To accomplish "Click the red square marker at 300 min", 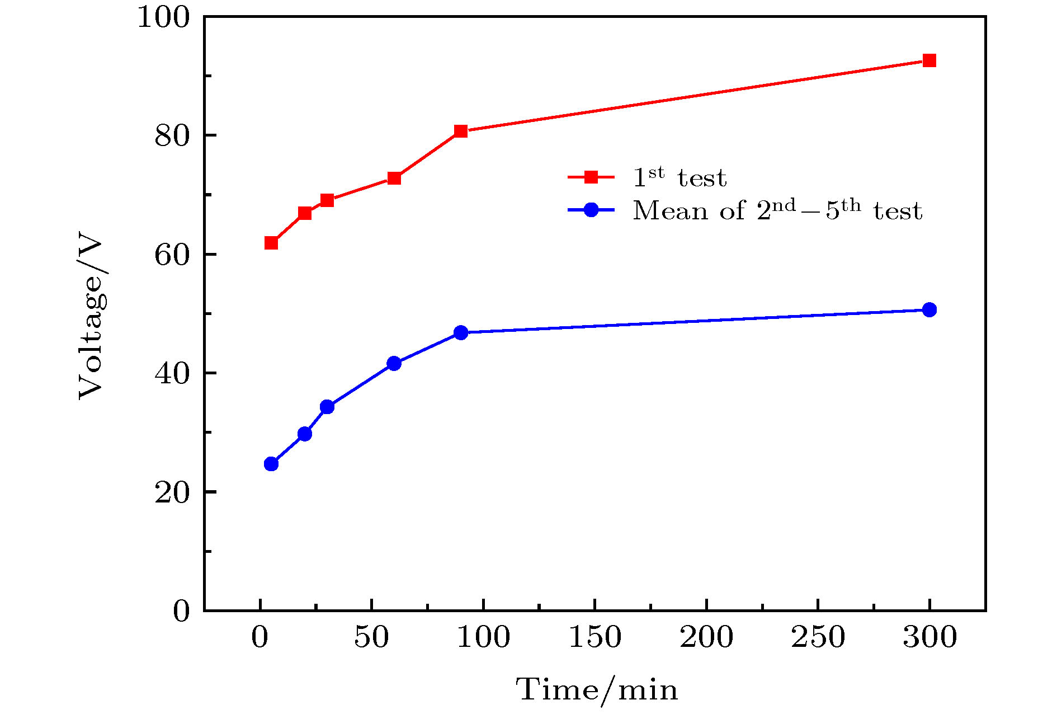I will tap(929, 60).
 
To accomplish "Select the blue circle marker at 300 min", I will tap(929, 309).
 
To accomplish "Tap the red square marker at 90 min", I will tap(461, 131).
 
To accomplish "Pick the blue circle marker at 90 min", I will tap(461, 332).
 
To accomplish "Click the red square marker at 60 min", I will tap(394, 178).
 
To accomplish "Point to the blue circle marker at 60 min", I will tap(394, 363).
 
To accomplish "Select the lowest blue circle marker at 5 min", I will tap(271, 464).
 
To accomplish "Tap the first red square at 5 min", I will tap(271, 242).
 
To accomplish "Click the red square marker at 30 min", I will tap(327, 200).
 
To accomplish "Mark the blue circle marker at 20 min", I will tap(305, 434).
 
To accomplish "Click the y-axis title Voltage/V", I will tap(91, 319).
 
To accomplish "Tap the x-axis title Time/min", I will tap(596, 689).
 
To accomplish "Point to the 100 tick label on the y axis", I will tap(164, 17).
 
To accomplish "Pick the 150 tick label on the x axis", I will tap(594, 637).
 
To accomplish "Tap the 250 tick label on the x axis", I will tap(818, 637).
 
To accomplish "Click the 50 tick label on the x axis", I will tap(371, 637).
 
